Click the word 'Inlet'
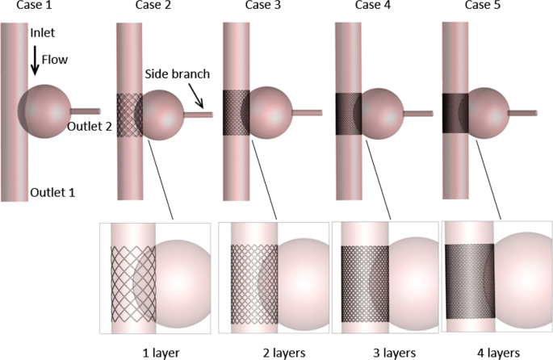pyautogui.click(x=41, y=34)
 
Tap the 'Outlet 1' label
pyautogui.click(x=51, y=194)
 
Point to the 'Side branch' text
pyautogui.click(x=177, y=73)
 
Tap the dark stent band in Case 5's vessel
pyautogui.click(x=456, y=113)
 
